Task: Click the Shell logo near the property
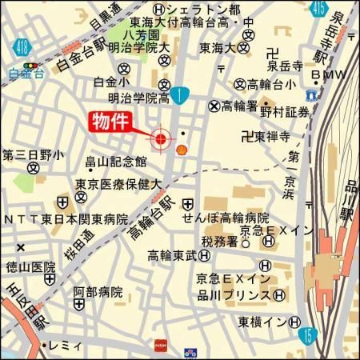pos(182,149)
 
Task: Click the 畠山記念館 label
pos(118,162)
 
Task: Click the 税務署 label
pos(219,241)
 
